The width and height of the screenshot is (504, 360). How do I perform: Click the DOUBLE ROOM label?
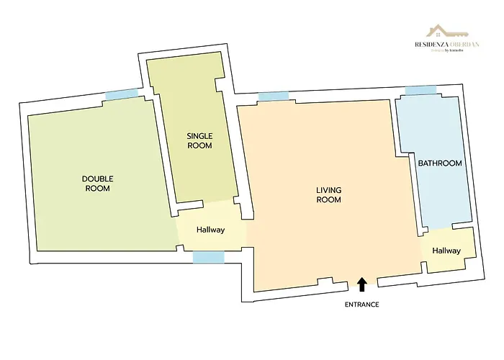[98, 183]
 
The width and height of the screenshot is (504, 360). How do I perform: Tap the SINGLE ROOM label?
[199, 140]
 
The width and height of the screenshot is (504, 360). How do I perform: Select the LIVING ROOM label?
[328, 194]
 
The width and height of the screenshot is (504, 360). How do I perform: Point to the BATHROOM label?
[440, 163]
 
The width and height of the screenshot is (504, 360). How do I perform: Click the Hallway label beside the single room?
[211, 230]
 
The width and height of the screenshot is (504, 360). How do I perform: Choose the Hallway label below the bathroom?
[446, 251]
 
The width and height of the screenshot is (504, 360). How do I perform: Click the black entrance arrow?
[361, 284]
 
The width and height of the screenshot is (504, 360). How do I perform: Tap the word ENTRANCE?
[361, 305]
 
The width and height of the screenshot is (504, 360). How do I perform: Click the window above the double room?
[122, 94]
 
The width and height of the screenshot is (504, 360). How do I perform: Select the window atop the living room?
[273, 96]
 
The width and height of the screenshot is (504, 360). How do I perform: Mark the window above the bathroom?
[420, 90]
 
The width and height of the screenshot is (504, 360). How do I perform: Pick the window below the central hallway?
[208, 257]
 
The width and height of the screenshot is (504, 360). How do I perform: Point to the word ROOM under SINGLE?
[199, 145]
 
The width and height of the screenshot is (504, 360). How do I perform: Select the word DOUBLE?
[98, 179]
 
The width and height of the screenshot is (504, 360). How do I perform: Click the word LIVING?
[328, 190]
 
